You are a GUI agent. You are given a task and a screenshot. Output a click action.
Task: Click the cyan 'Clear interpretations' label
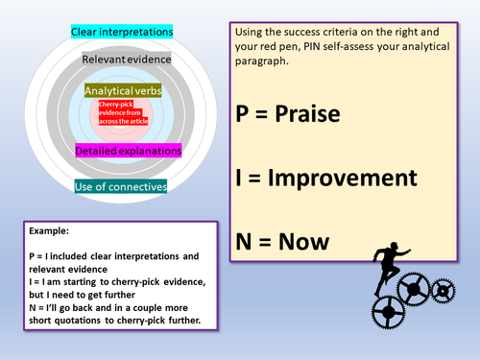122,33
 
